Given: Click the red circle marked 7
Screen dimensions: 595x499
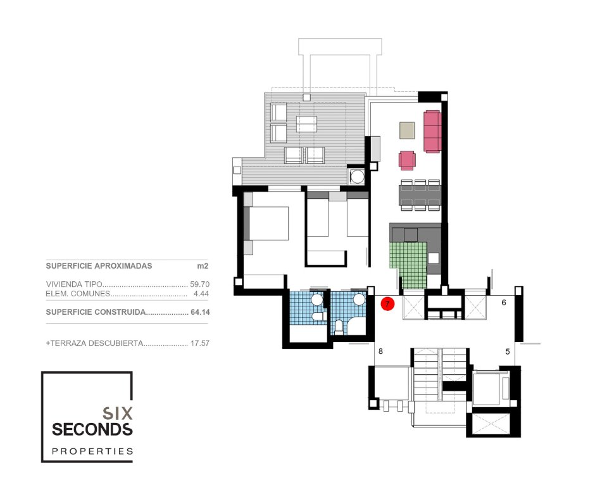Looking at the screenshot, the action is click(x=387, y=304).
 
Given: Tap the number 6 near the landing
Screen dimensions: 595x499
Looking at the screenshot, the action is click(x=504, y=303).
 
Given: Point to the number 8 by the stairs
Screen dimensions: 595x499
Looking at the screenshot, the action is click(x=380, y=351).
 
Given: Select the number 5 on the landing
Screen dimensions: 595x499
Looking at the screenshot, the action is click(x=508, y=351).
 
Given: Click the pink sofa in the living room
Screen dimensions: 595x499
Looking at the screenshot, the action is click(x=432, y=131).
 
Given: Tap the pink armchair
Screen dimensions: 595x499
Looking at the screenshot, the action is click(x=407, y=160).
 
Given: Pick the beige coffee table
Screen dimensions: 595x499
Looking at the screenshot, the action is click(x=407, y=130).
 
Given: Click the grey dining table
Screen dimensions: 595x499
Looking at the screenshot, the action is click(x=420, y=194).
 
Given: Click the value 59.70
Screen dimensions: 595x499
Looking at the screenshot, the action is click(x=199, y=284).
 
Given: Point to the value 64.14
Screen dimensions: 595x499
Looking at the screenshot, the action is click(x=200, y=312).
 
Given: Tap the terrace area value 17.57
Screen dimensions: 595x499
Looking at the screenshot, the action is click(x=199, y=343).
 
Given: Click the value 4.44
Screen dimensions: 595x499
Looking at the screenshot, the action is click(x=201, y=294).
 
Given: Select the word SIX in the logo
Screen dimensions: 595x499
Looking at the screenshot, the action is click(x=117, y=413).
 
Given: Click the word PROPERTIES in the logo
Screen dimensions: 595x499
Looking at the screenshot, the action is click(x=92, y=451).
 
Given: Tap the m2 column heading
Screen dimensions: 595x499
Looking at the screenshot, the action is click(x=203, y=266).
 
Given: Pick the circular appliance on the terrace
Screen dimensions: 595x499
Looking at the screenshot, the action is click(x=357, y=176).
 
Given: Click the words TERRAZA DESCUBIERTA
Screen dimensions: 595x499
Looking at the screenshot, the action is click(x=96, y=343).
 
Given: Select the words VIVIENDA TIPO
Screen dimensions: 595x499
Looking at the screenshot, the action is click(x=74, y=284).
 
